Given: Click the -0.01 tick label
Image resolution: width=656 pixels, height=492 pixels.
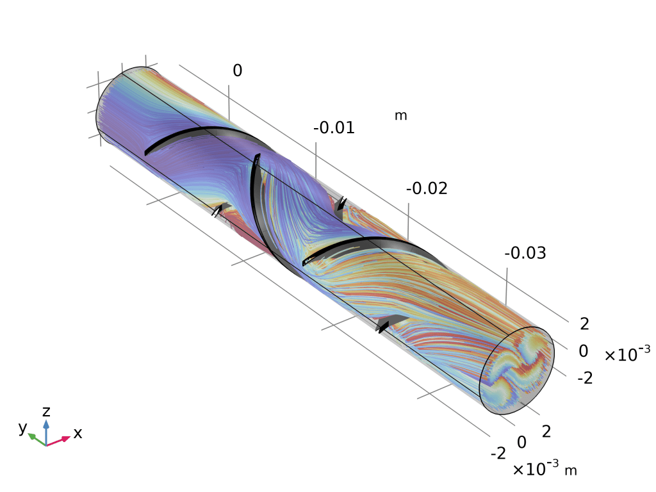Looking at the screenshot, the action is (334, 127).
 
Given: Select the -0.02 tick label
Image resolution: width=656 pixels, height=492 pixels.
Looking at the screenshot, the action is (427, 189).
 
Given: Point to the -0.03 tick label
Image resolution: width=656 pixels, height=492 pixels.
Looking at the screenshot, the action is (525, 253).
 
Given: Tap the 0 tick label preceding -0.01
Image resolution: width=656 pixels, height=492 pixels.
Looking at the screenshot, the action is (237, 70).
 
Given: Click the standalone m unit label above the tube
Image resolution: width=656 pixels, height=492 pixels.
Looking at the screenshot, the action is (401, 115).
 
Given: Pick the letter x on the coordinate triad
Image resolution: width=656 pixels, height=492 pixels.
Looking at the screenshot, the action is (78, 434).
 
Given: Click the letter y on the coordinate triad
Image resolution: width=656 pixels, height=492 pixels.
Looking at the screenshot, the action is (22, 428).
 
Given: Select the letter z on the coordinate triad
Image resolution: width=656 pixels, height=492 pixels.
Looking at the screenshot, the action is (46, 412).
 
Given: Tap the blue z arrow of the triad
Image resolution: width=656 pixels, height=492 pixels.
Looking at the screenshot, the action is (46, 432).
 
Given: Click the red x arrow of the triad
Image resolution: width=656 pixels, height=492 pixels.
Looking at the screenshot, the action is (58, 441).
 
